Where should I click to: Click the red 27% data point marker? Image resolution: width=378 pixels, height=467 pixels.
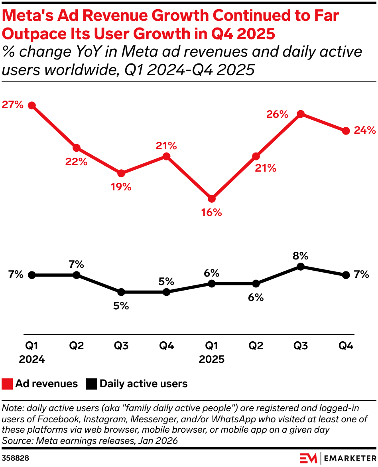coord(32,105)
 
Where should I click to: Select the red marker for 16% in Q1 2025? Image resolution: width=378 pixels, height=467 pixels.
coord(211,198)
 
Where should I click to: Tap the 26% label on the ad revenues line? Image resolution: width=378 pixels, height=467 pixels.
coord(277,115)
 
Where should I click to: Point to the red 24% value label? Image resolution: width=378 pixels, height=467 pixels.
coord(364,131)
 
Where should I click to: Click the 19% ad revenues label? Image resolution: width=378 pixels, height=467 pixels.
coord(121,187)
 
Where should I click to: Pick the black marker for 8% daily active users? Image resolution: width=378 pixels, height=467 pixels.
coord(301,267)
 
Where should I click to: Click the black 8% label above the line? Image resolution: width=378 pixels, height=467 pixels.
coord(301,255)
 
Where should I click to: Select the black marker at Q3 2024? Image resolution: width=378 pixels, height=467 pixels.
coord(121,292)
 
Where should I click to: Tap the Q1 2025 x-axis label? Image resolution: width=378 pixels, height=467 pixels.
coord(211,352)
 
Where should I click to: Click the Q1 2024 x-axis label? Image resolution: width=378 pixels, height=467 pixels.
coord(32,352)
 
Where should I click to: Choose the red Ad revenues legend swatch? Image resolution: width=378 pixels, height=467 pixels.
coord(8,384)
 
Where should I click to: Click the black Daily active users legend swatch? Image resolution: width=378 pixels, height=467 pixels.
coord(92,384)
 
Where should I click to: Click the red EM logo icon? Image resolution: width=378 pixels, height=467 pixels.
coord(308,458)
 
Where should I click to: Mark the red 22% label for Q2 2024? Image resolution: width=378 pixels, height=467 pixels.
coord(77,162)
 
